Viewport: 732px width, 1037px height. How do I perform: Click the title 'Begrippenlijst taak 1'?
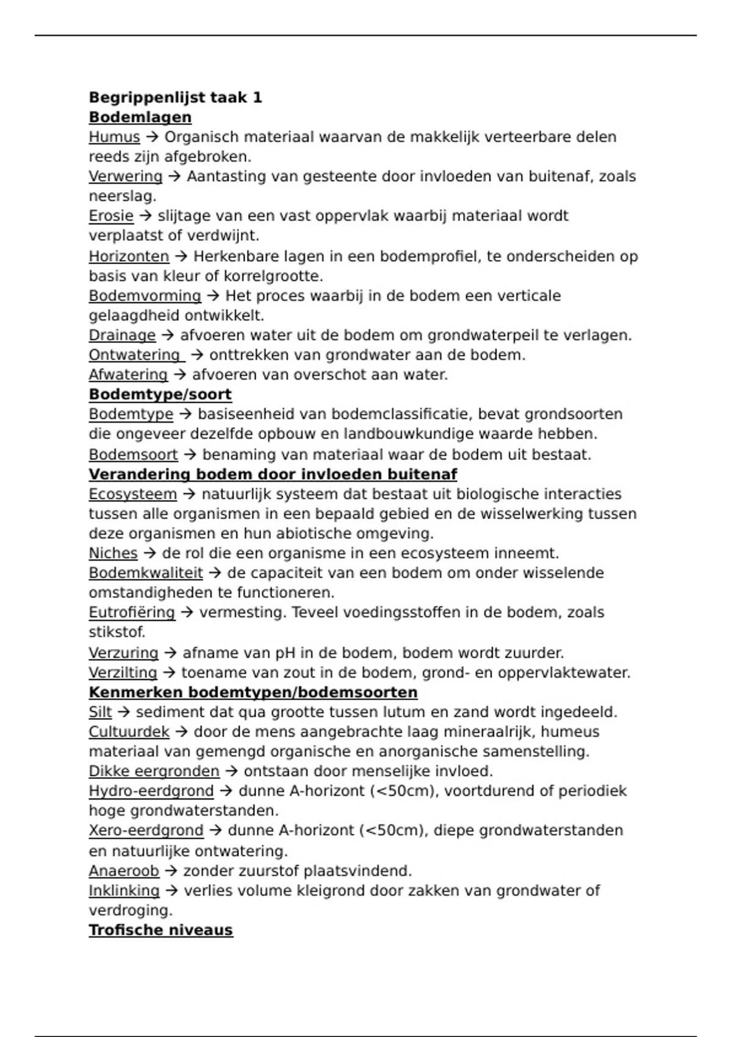point(175,98)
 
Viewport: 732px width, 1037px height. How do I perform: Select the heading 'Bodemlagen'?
point(140,117)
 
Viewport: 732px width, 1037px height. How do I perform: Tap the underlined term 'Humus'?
point(114,137)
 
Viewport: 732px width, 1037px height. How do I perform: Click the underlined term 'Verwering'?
point(125,176)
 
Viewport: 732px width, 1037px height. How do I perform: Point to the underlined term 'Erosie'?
point(111,216)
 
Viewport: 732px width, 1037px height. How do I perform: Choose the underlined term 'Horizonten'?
point(129,256)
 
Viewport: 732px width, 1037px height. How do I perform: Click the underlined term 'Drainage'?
point(122,335)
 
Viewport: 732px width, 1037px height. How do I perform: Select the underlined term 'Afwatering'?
point(128,375)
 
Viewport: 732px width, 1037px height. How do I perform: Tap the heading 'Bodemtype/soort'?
point(160,395)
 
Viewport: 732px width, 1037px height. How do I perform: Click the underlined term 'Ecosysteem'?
point(132,494)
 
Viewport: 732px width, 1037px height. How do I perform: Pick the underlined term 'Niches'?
point(113,553)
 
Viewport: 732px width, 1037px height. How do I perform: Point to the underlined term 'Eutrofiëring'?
point(132,612)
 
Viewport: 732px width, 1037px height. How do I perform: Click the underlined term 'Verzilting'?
point(123,673)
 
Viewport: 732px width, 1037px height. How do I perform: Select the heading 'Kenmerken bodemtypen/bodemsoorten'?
point(253,692)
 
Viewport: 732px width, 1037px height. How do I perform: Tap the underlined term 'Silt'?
point(100,712)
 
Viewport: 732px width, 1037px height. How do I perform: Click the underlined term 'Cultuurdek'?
point(129,732)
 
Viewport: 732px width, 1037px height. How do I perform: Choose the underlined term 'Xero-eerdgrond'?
point(146,831)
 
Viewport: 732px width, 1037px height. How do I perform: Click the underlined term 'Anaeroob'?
point(124,871)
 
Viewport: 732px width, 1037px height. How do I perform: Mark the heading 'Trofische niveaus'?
point(160,930)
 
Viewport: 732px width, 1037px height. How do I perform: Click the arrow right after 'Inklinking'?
point(171,891)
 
